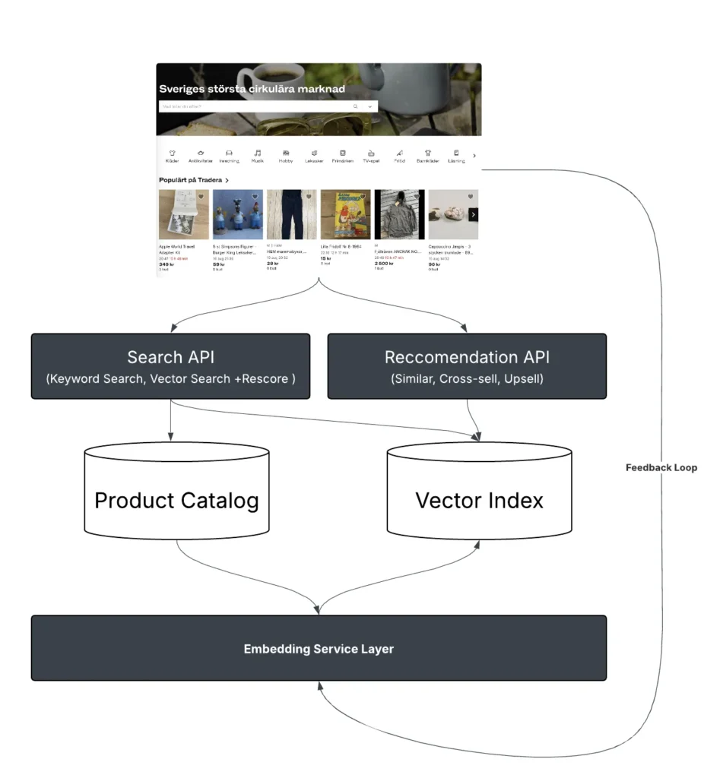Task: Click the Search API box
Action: pyautogui.click(x=170, y=366)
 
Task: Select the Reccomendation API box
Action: pyautogui.click(x=467, y=366)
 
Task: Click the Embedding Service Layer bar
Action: pyautogui.click(x=319, y=648)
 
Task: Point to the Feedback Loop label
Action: pyautogui.click(x=661, y=467)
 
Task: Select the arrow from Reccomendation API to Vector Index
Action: pyautogui.click(x=473, y=422)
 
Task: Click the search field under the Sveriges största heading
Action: pyautogui.click(x=255, y=106)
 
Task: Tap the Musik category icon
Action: pyautogui.click(x=258, y=153)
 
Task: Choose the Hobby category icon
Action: pyautogui.click(x=286, y=153)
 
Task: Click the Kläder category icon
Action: pyautogui.click(x=172, y=153)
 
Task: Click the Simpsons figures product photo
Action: pyautogui.click(x=237, y=215)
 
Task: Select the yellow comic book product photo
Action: pyautogui.click(x=345, y=215)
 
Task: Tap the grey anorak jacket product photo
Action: pyautogui.click(x=399, y=215)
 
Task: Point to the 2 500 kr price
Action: pyautogui.click(x=384, y=263)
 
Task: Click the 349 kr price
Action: pyautogui.click(x=166, y=264)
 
